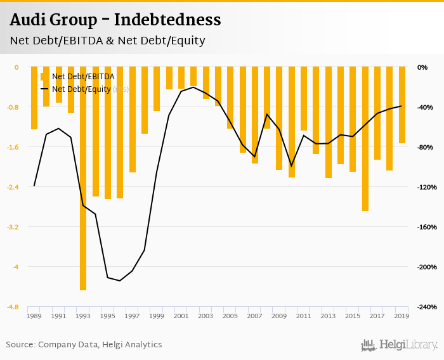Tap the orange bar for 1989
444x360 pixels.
[34, 98]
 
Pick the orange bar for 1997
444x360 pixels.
[132, 119]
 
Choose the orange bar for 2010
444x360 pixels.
[292, 122]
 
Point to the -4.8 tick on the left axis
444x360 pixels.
[13, 307]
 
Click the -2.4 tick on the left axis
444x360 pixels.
[13, 187]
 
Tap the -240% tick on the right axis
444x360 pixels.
[427, 307]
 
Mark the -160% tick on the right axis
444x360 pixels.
[427, 227]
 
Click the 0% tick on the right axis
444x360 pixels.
[422, 67]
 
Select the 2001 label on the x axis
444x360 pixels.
[181, 316]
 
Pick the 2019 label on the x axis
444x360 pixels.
[402, 316]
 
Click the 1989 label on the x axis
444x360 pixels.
[34, 316]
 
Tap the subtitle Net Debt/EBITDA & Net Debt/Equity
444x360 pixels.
[107, 41]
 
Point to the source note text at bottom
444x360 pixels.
[84, 345]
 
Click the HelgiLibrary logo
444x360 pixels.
[400, 345]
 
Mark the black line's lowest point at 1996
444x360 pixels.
[120, 281]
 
